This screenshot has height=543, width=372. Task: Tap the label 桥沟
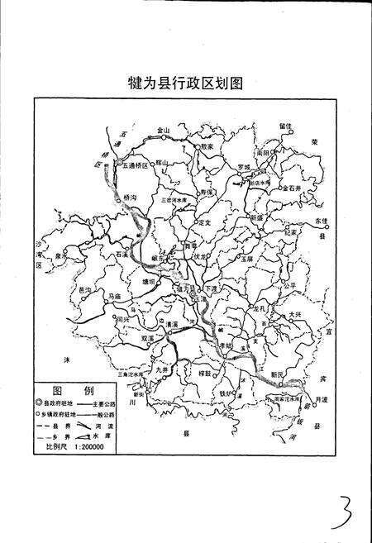pos(129,198)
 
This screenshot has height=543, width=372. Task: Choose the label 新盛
pos(254,217)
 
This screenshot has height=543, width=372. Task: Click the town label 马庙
pos(115,295)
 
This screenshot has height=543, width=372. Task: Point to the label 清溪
pos(172,325)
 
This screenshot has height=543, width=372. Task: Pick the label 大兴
pos(295,314)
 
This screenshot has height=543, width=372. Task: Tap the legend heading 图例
pos(72,390)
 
